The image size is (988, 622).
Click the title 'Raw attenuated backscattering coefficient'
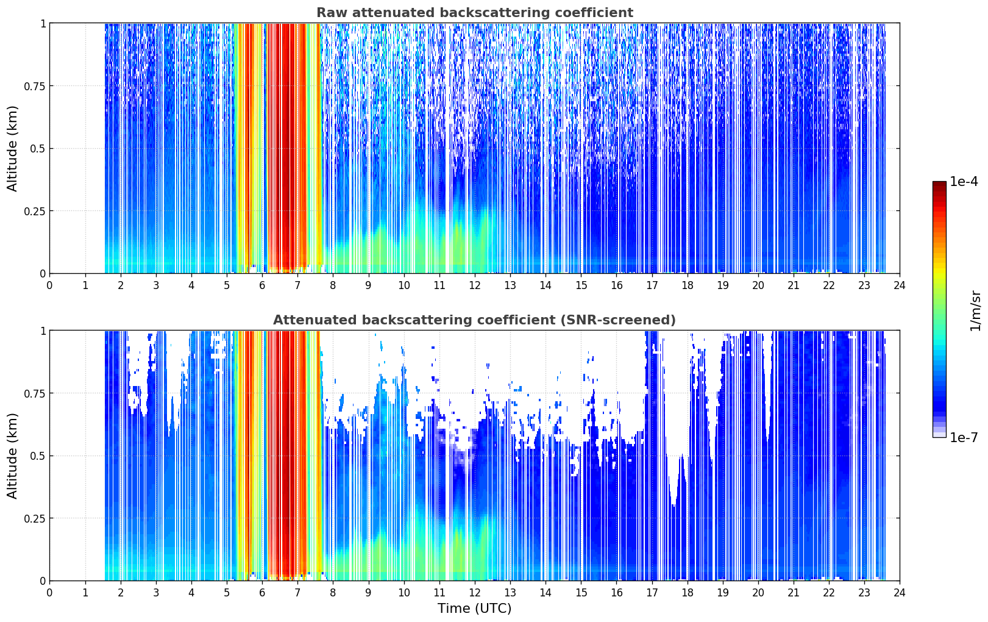click(x=475, y=12)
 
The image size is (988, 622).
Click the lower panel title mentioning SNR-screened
click(x=475, y=320)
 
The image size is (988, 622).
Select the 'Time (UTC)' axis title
click(x=475, y=609)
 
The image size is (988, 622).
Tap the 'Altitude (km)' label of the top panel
click(x=12, y=148)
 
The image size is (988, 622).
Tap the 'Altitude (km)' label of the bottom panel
click(x=12, y=456)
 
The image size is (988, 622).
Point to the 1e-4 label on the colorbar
click(x=964, y=181)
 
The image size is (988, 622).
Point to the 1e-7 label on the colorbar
click(x=964, y=438)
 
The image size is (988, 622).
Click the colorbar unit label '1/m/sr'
click(x=975, y=310)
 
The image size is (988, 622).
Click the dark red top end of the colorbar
click(x=939, y=184)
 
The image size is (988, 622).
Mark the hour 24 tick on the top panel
click(x=900, y=285)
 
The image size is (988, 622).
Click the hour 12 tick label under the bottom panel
click(x=475, y=593)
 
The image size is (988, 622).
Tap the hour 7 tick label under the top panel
click(x=297, y=285)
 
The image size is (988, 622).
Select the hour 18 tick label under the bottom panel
click(x=687, y=593)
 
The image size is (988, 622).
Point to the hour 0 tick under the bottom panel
click(x=49, y=593)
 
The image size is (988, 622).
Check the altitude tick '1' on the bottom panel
click(x=43, y=331)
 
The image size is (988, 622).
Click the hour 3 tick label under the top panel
click(x=155, y=285)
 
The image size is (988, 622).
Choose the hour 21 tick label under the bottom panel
click(x=794, y=593)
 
